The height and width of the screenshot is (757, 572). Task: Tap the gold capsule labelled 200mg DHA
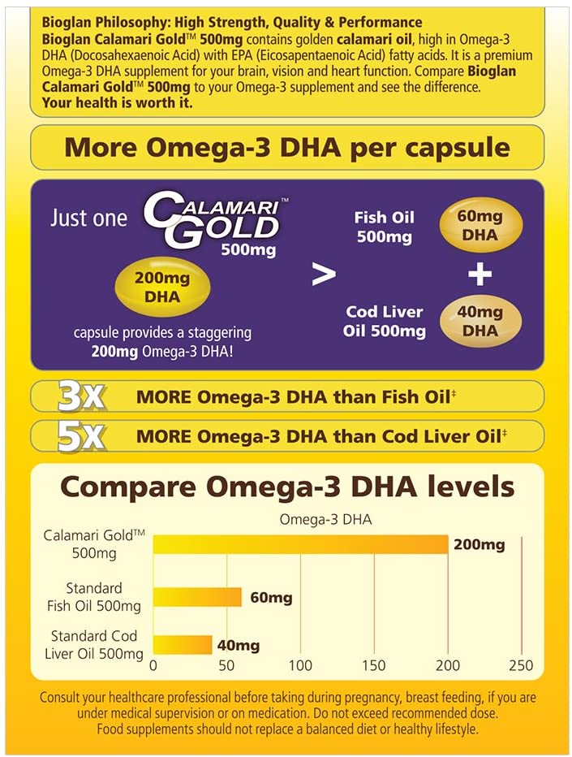point(162,288)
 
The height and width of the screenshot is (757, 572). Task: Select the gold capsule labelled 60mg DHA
point(480,227)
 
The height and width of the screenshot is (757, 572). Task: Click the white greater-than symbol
point(325,275)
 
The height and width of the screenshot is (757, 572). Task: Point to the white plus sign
point(480,275)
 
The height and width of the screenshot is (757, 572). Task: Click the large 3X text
point(80,396)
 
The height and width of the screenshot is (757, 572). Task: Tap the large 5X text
point(80,436)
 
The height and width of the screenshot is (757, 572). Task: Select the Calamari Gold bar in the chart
point(300,544)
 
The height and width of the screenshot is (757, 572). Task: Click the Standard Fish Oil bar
point(197,597)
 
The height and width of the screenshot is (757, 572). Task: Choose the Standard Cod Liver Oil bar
point(183,645)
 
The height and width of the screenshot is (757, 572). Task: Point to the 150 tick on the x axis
point(374,666)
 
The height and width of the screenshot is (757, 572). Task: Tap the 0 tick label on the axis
point(154,666)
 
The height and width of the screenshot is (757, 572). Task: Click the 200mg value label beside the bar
point(479,544)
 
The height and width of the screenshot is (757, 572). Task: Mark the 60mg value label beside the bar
point(271,598)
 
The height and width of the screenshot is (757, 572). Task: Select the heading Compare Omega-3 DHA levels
point(287,487)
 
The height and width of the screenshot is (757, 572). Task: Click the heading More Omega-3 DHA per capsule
point(287,148)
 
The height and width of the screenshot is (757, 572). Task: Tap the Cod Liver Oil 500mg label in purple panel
point(385,322)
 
